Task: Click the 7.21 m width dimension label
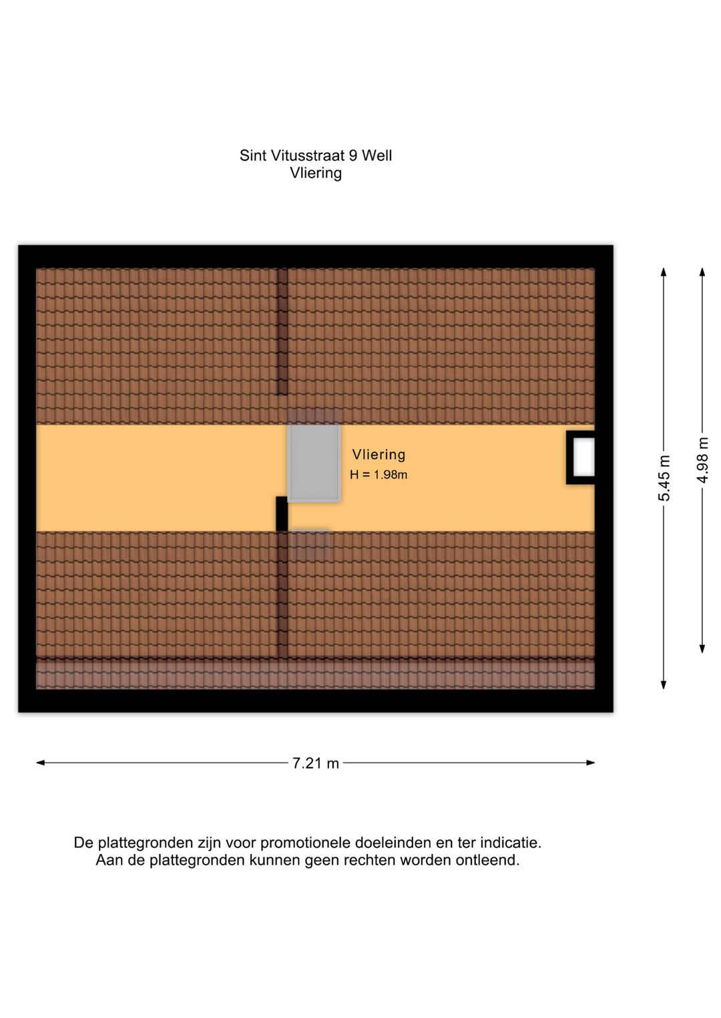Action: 315,763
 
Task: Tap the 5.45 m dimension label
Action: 664,478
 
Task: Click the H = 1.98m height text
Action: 378,474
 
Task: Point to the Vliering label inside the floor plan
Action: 379,454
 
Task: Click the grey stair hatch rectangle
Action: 314,463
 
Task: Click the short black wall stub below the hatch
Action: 282,514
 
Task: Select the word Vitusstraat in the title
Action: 308,155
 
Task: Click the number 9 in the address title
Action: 353,155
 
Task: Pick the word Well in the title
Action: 377,155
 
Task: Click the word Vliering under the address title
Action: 316,173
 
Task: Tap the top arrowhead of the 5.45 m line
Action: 664,272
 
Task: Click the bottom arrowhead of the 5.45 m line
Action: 664,685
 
